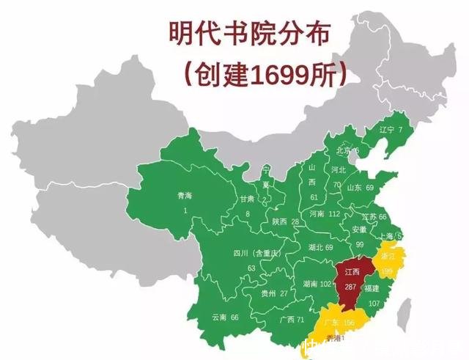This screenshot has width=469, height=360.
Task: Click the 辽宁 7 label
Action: coord(390,130)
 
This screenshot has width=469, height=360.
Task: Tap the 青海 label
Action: coord(185,196)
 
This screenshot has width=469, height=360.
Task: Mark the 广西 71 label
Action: coord(291,319)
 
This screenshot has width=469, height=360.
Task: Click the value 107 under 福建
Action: coord(374,303)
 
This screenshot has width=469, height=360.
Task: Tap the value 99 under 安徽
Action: coord(359,243)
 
